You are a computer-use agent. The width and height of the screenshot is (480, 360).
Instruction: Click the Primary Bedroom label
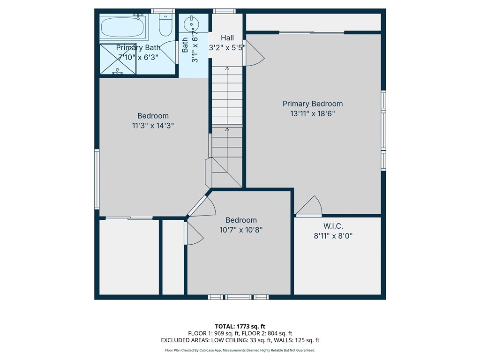pos(312,104)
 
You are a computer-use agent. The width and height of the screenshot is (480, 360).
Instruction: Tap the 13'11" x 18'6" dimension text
pos(312,113)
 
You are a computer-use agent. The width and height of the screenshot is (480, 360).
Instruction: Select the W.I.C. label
pos(333,226)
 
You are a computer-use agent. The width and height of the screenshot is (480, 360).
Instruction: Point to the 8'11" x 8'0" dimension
pos(333,236)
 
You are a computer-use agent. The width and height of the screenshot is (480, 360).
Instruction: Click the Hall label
pos(227,37)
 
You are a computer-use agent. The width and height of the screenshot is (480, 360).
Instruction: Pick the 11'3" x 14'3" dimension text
pos(153,126)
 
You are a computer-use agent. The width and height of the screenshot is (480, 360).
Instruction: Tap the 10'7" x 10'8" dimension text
pos(241,230)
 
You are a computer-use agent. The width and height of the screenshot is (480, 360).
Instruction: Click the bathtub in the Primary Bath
pos(123,26)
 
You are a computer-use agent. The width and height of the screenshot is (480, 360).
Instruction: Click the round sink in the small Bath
pos(192,23)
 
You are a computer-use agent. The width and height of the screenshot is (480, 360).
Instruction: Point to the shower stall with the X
pos(118,60)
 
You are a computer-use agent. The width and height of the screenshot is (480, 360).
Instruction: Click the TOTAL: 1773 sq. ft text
pos(240,326)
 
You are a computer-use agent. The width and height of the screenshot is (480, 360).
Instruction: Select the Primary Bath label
pos(138,47)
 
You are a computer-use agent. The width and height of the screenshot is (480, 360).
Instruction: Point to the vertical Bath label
pos(185,45)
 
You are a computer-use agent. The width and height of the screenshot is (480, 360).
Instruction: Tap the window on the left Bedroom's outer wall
pos(97,179)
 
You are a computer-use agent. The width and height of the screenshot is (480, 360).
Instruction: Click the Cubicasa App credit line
pos(240,350)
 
